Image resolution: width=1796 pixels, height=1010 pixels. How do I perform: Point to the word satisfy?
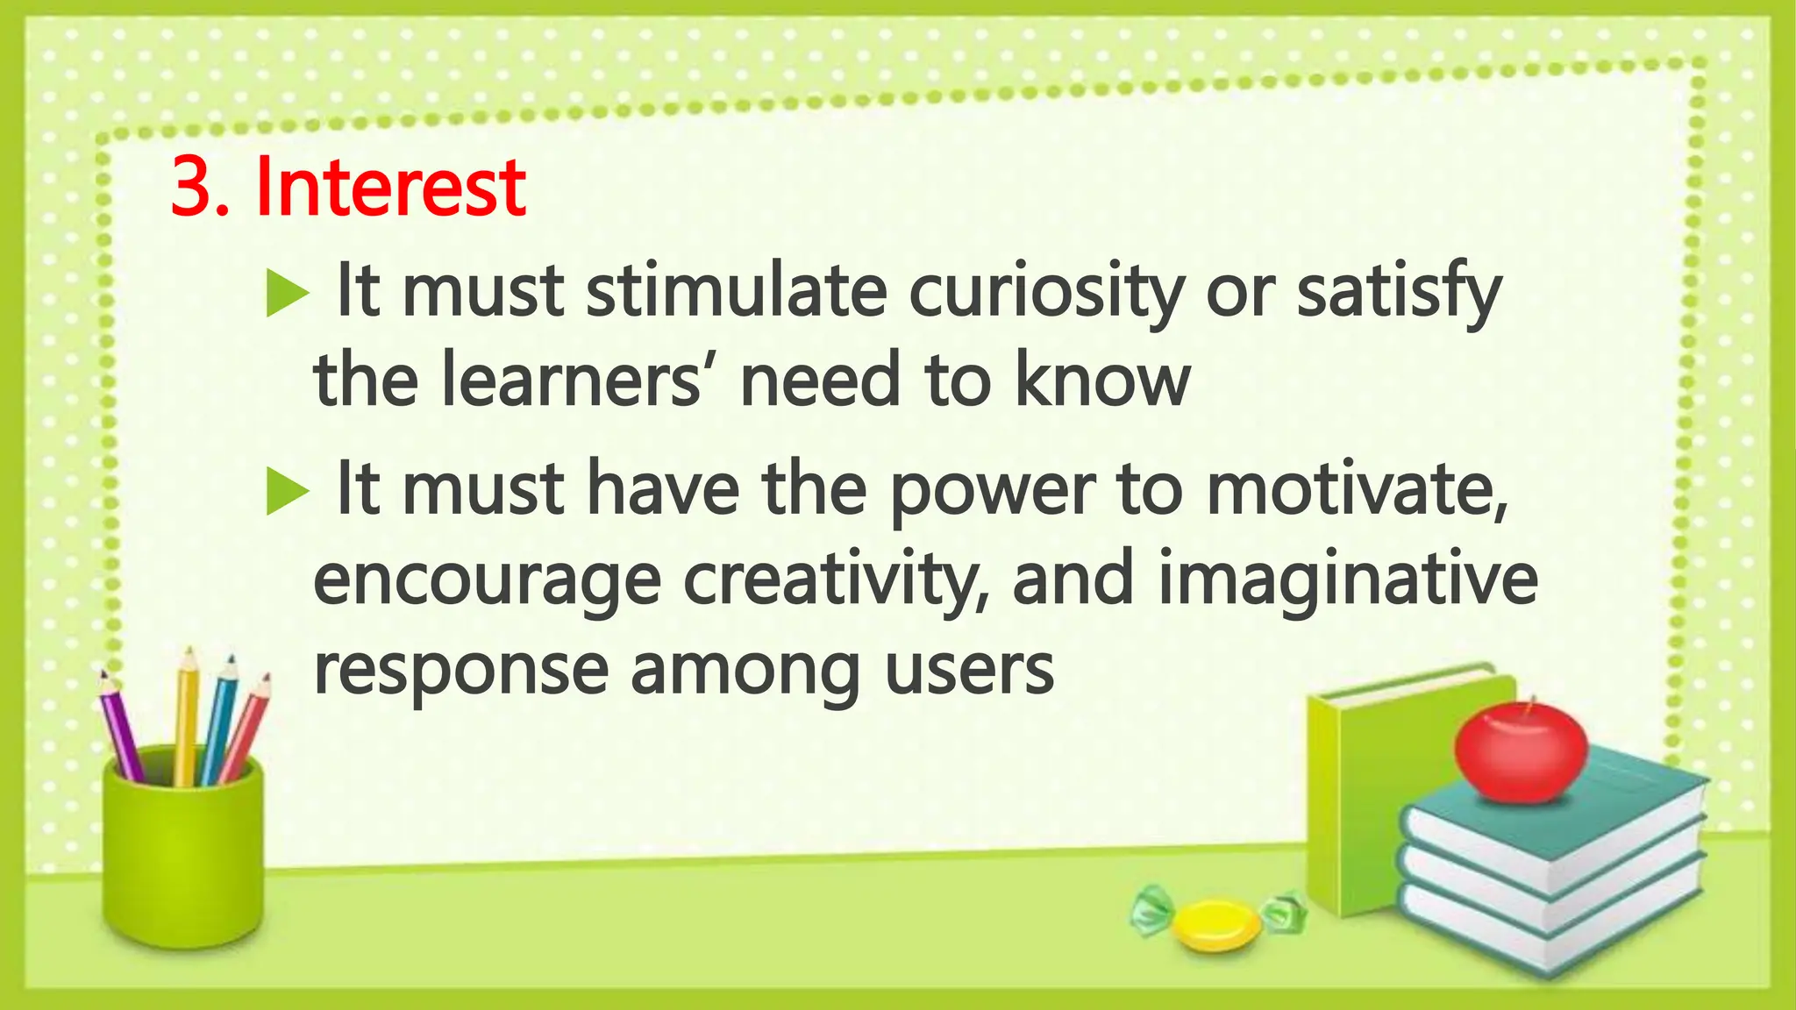[1399, 294]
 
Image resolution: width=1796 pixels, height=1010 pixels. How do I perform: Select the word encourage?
[487, 580]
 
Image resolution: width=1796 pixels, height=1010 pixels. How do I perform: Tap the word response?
[460, 671]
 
